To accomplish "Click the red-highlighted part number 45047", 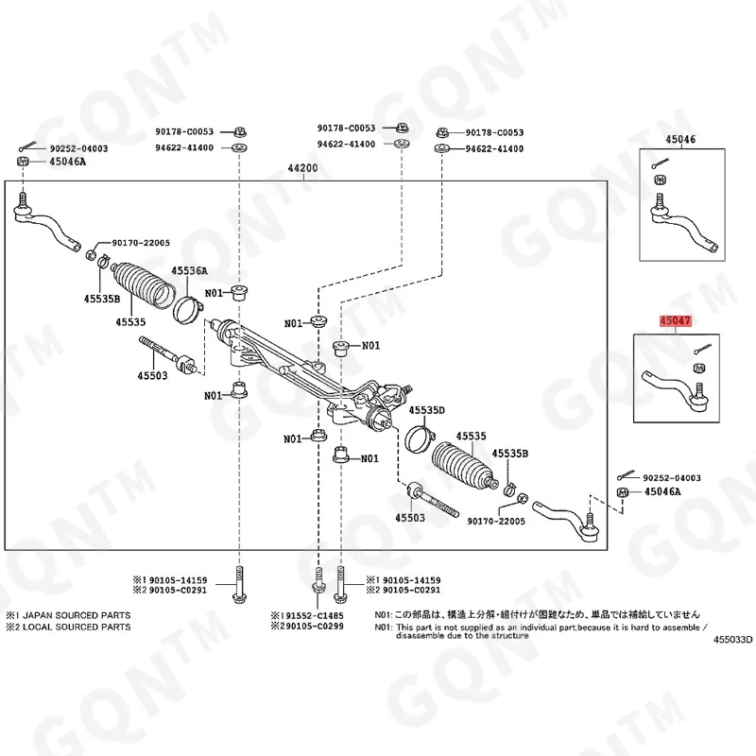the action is point(676,321).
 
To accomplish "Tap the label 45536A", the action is point(189,271).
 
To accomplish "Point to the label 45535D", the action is point(426,409).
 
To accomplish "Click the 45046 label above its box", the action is point(680,140).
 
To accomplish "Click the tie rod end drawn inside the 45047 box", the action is point(671,385).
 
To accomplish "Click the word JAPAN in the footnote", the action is point(43,615).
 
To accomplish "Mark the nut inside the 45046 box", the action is point(659,181).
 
